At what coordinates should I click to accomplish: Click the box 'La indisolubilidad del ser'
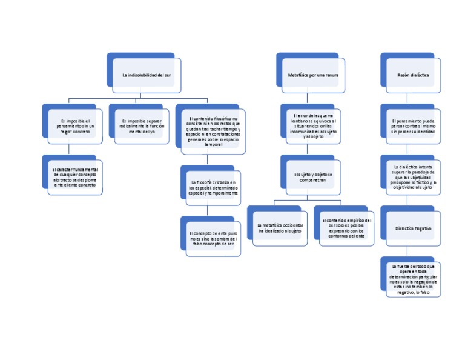click(147, 75)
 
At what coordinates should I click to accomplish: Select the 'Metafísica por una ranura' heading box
click(313, 75)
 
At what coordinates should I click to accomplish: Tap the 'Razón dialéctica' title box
click(413, 75)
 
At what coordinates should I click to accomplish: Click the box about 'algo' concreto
click(75, 126)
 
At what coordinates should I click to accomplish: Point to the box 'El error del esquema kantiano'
click(313, 125)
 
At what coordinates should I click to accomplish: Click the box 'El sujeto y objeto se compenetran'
click(313, 178)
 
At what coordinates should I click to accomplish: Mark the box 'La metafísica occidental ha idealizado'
click(279, 228)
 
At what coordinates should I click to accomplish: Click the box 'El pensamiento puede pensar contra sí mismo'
click(413, 126)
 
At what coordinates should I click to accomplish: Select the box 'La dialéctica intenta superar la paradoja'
click(413, 177)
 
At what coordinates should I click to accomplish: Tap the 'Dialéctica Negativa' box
click(413, 228)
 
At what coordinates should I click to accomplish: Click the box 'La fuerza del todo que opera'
click(413, 279)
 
